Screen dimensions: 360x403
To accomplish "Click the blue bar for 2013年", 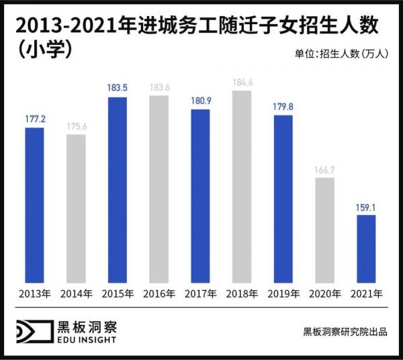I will [34, 204].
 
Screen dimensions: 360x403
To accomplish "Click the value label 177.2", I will [34, 118].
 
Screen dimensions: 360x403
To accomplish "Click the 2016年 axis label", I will [159, 294].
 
